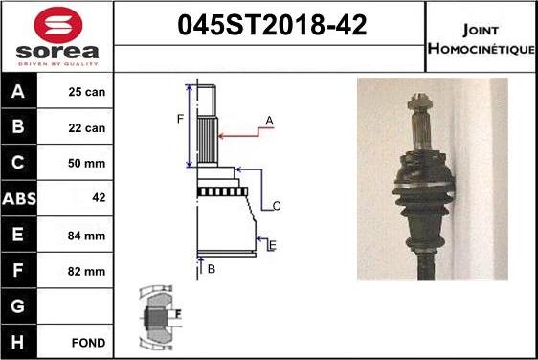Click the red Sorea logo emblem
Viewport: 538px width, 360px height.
(x=58, y=25)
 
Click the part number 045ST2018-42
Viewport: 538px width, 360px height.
(x=272, y=25)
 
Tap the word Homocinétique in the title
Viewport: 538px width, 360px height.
(x=482, y=49)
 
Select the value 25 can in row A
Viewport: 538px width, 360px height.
(x=87, y=92)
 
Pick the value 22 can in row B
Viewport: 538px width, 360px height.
(x=87, y=128)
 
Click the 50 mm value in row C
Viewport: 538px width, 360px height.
(x=86, y=163)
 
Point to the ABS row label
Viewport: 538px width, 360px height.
(x=19, y=199)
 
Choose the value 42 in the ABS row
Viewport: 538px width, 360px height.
(x=99, y=197)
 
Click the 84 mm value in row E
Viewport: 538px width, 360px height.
(x=86, y=236)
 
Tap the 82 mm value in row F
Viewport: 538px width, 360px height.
(x=86, y=272)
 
